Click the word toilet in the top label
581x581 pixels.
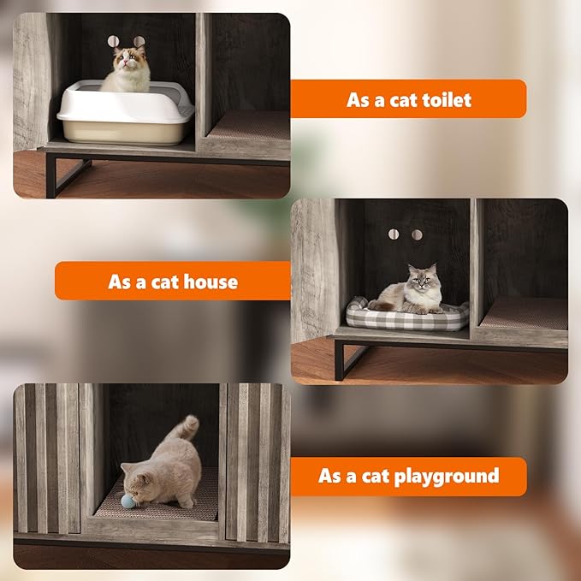pyautogui.click(x=442, y=100)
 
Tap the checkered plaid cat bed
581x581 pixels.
pyautogui.click(x=407, y=315)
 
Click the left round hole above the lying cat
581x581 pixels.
pyautogui.click(x=394, y=234)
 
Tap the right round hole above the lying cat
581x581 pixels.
pyautogui.click(x=417, y=234)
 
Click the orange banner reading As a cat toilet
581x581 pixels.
pyautogui.click(x=408, y=99)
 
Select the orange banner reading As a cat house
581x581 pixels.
pyautogui.click(x=172, y=282)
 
